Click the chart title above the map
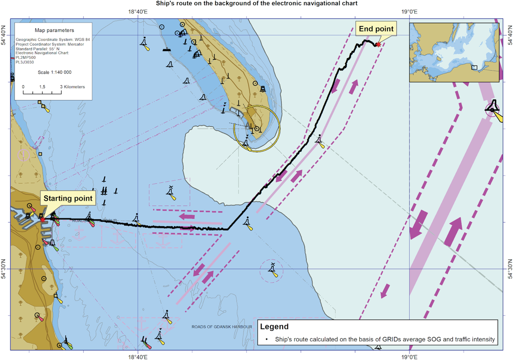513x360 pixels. pyautogui.click(x=256, y=4)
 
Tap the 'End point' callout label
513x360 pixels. pyautogui.click(x=376, y=29)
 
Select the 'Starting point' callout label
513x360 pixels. pyautogui.click(x=68, y=198)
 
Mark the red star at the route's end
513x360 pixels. pyautogui.click(x=378, y=45)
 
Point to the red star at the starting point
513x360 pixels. pyautogui.click(x=43, y=220)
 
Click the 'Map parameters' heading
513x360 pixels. pyautogui.click(x=54, y=30)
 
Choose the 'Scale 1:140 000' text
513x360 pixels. pyautogui.click(x=54, y=72)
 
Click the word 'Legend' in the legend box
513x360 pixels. pyautogui.click(x=274, y=327)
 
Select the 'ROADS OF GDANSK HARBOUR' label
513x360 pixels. pyautogui.click(x=222, y=327)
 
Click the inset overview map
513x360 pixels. pyautogui.click(x=454, y=52)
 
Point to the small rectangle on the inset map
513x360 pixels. pyautogui.click(x=474, y=68)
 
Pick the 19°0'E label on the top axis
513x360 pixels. pyautogui.click(x=409, y=12)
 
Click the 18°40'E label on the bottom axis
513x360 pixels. pyautogui.click(x=138, y=357)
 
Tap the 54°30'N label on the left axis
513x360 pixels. pyautogui.click(x=4, y=269)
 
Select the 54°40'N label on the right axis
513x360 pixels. pyautogui.click(x=510, y=35)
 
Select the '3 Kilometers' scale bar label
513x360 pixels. pyautogui.click(x=72, y=87)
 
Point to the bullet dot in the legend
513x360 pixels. pyautogui.click(x=267, y=340)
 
